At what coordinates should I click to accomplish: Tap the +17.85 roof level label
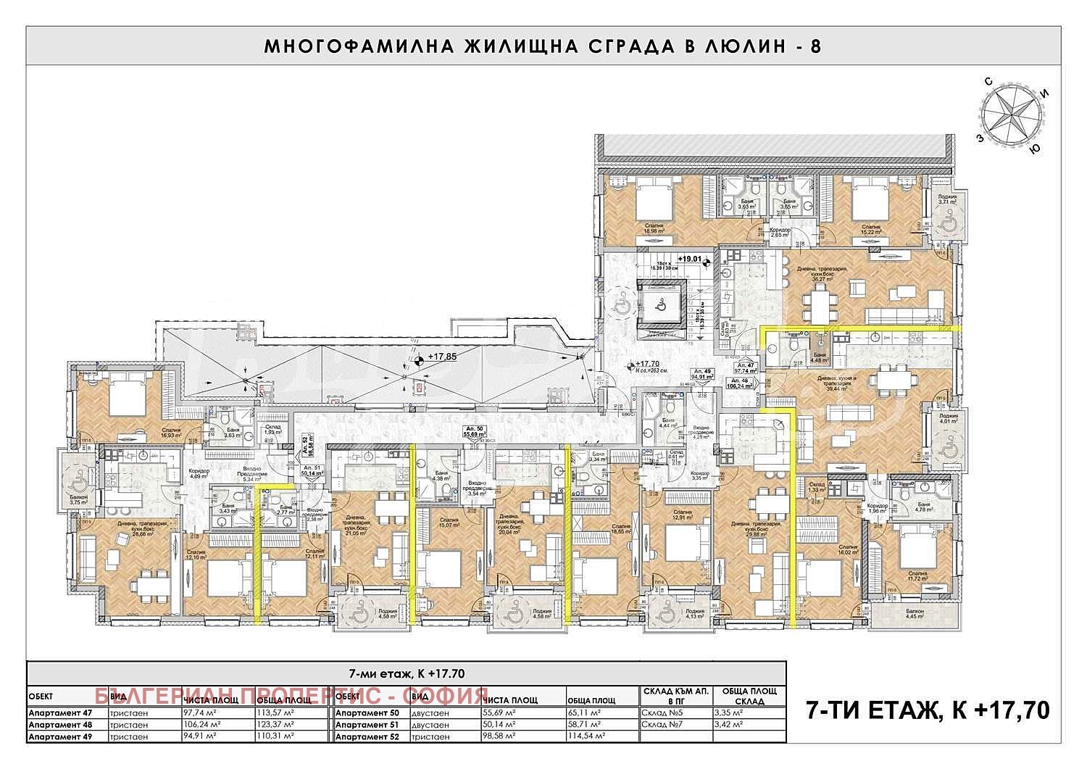tap(442, 357)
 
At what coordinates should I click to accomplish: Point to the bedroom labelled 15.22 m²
tap(870, 229)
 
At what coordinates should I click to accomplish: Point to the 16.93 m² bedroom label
tap(171, 433)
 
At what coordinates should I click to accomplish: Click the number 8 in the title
tap(815, 46)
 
